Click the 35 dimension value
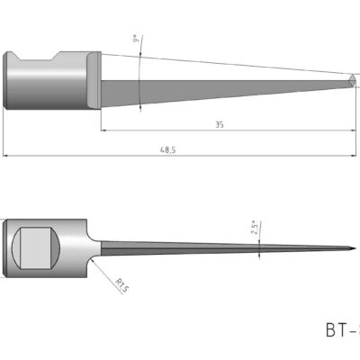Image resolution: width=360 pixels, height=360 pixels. (219, 125)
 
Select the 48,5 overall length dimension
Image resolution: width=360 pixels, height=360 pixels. (166, 150)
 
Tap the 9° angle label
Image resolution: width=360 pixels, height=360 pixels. (135, 40)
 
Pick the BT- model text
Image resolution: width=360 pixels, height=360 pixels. (340, 328)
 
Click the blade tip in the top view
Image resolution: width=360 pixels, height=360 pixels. (353, 82)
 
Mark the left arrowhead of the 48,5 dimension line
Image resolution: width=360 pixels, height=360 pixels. (7, 156)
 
